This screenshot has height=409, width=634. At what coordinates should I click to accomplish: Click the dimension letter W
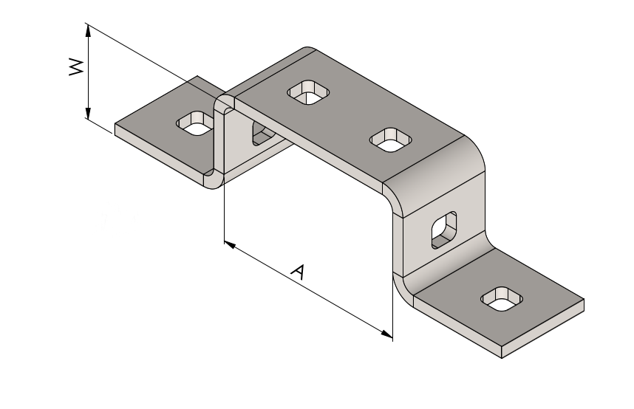pos(76,67)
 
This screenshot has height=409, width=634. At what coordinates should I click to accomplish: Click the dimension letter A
pos(299,272)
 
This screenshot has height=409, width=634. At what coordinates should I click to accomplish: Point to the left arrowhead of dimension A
pos(230,245)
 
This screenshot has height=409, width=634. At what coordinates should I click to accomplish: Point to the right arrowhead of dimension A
pos(386,334)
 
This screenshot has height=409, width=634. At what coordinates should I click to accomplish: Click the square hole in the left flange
pos(195,123)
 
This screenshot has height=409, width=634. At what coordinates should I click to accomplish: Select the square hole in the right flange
pos(502,299)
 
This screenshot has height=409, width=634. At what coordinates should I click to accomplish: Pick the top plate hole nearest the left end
pos(309,92)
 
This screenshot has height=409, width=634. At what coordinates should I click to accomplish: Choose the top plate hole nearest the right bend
pos(391,140)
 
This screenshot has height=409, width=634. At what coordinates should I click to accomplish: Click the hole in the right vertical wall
pos(444,230)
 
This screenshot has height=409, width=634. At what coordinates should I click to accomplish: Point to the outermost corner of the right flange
pos(584,300)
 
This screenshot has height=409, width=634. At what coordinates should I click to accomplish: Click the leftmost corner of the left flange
pos(115,124)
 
